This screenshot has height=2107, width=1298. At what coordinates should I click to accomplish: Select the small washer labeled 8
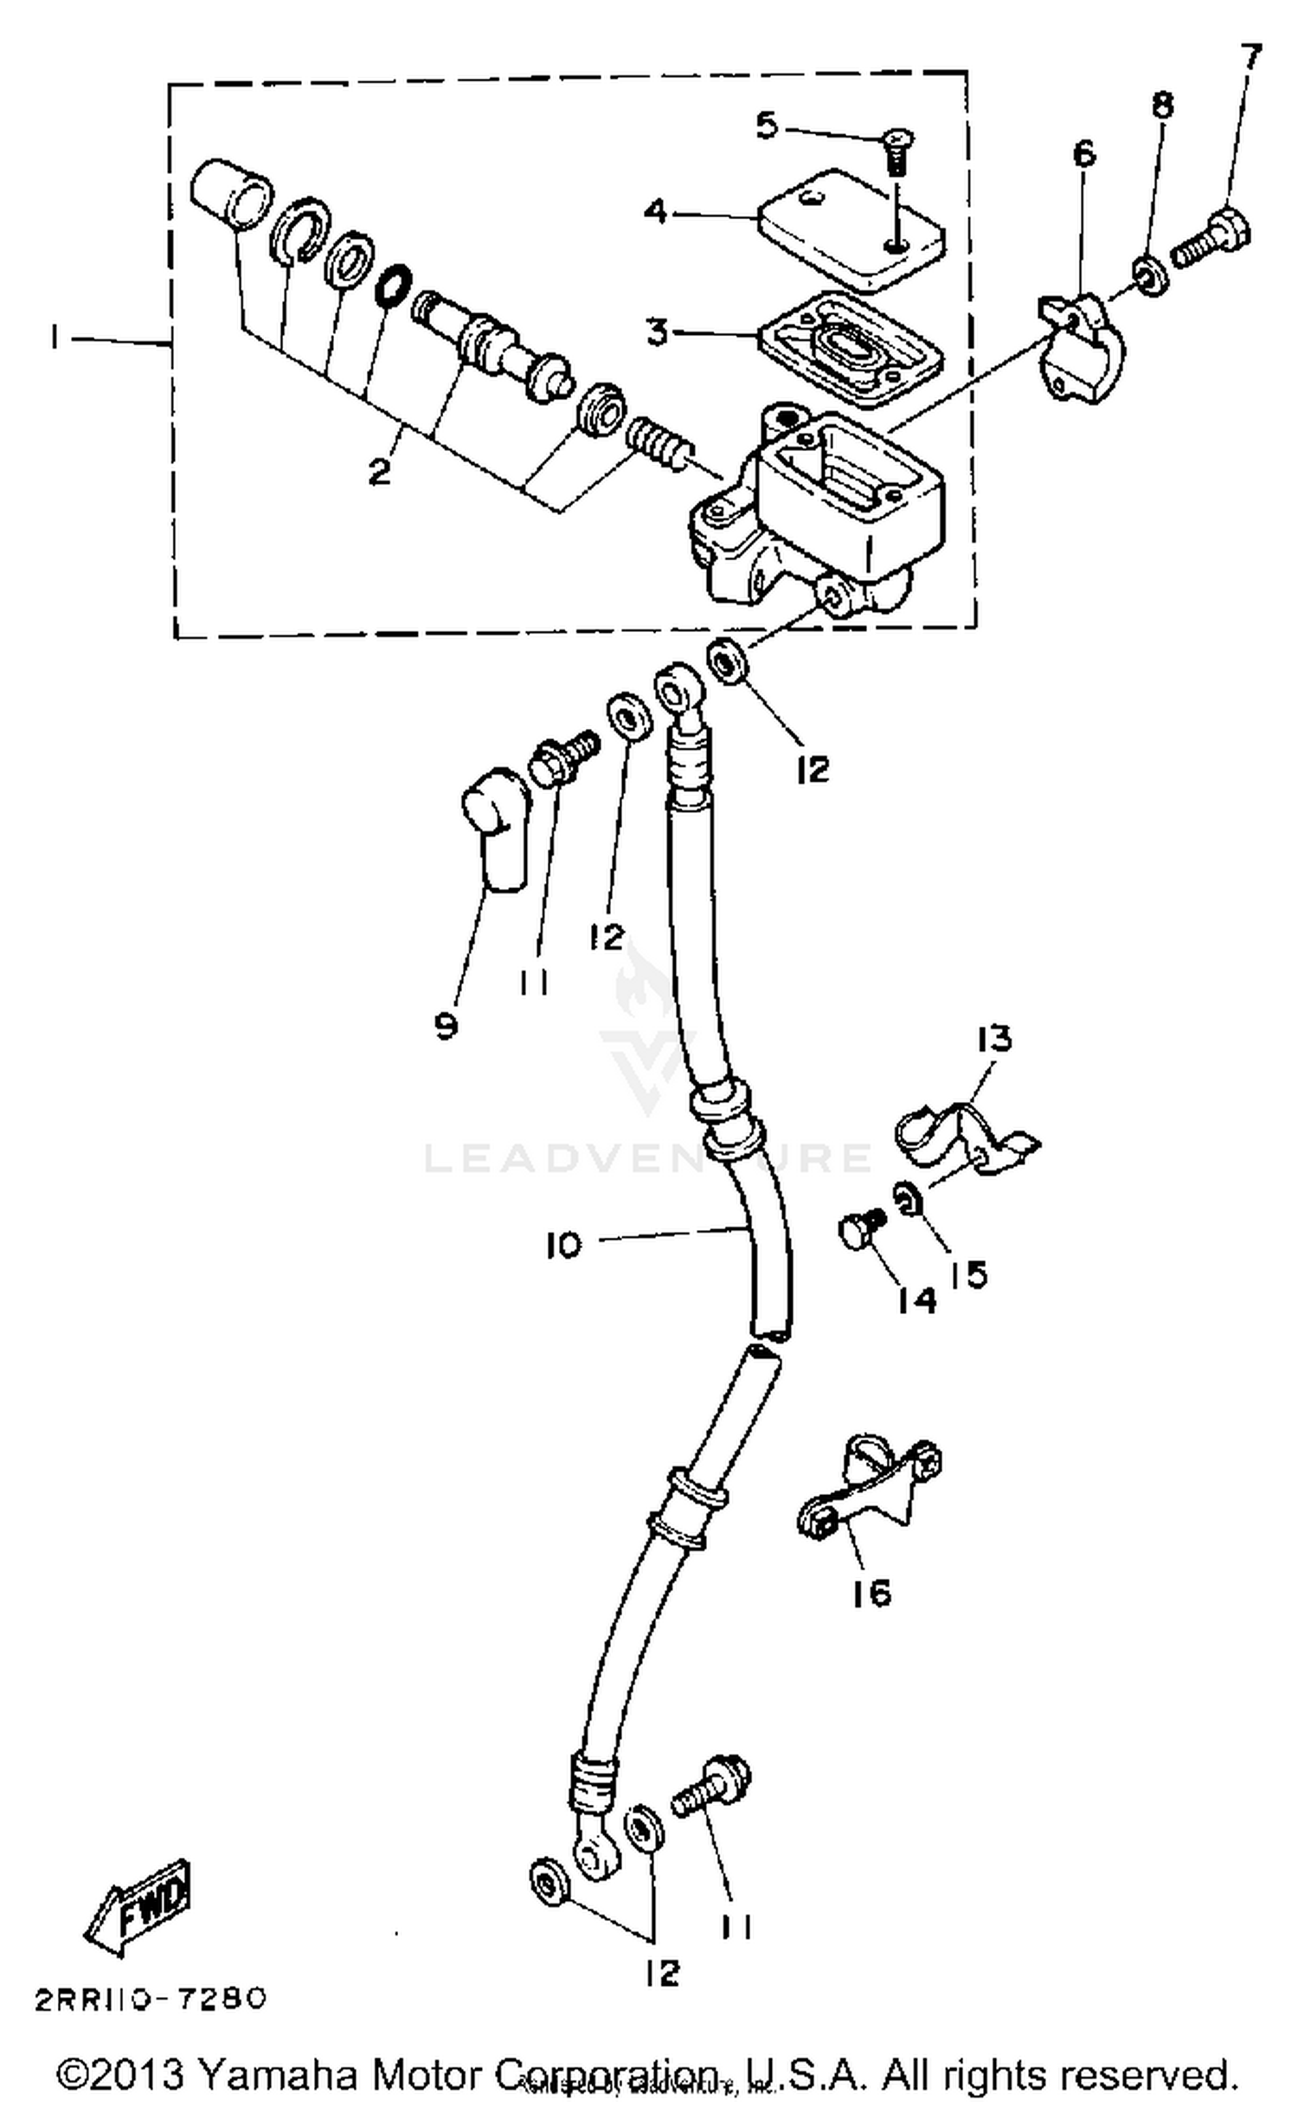(x=1152, y=278)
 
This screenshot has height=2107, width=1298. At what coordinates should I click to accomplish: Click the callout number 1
(x=55, y=338)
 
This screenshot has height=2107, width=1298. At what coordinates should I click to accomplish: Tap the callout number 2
(x=379, y=472)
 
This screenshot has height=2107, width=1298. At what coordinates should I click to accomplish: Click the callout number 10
(x=563, y=1246)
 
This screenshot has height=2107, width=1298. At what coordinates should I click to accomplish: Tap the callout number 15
(x=968, y=1273)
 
